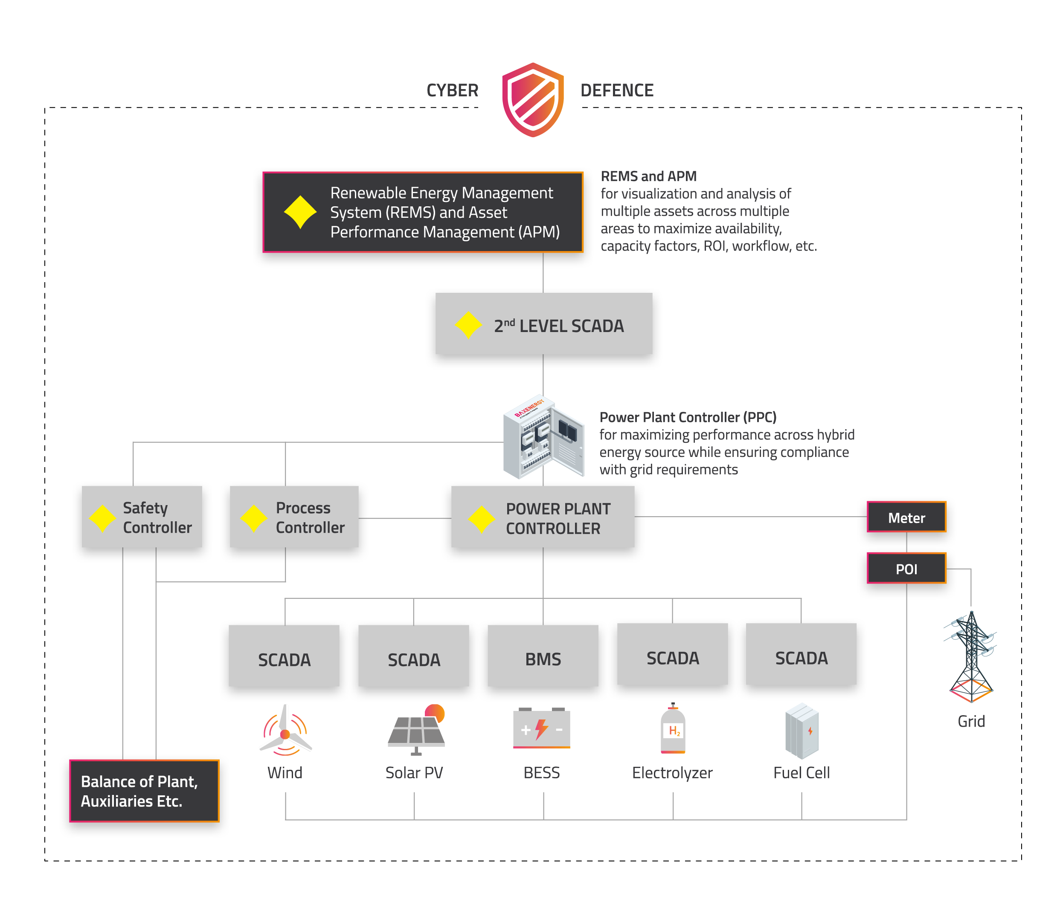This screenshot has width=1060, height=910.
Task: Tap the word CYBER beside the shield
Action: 452,90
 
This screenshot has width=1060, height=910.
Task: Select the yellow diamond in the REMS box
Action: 300,212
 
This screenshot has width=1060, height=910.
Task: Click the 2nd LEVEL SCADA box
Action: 543,324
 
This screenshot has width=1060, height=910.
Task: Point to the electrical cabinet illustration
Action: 543,437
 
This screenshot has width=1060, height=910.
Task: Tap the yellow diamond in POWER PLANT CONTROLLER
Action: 481,520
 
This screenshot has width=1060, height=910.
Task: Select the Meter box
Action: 906,517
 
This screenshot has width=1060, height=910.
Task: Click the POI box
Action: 906,569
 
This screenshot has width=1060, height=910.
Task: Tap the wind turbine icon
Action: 285,731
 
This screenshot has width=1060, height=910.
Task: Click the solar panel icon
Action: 416,730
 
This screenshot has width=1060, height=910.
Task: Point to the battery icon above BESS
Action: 541,728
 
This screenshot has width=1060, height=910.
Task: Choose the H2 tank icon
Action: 673,728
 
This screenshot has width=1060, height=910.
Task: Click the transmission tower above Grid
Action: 970,657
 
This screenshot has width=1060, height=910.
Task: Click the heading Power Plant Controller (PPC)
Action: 688,417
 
